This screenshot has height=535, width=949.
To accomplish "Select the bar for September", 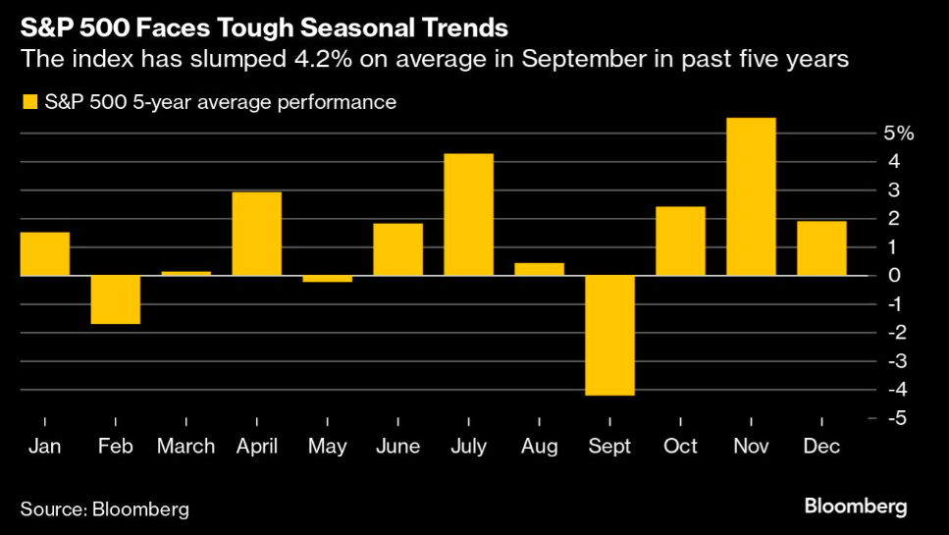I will tap(609, 335).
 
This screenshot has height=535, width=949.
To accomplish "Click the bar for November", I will tap(751, 196).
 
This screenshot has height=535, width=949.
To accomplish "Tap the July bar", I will tap(468, 214).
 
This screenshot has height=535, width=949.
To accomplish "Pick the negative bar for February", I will tap(116, 299).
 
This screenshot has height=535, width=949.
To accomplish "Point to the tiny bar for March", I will tap(186, 273).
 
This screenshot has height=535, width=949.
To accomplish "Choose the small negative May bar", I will tap(327, 279).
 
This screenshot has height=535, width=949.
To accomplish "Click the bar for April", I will tap(257, 234).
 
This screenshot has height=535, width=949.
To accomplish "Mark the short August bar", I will tap(539, 269).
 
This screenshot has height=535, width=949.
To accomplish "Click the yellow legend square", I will tap(27, 102).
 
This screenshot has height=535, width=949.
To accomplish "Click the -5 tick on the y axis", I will tap(894, 419).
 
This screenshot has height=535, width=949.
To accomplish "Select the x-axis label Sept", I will tap(609, 447).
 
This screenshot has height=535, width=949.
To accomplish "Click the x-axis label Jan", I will tap(45, 447).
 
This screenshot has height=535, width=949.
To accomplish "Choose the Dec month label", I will tap(821, 447).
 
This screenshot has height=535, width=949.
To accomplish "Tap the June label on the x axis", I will tap(397, 447).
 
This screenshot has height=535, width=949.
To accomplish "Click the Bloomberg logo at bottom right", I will tap(855, 507).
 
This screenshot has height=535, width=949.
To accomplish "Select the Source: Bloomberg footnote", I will tap(104, 509).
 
